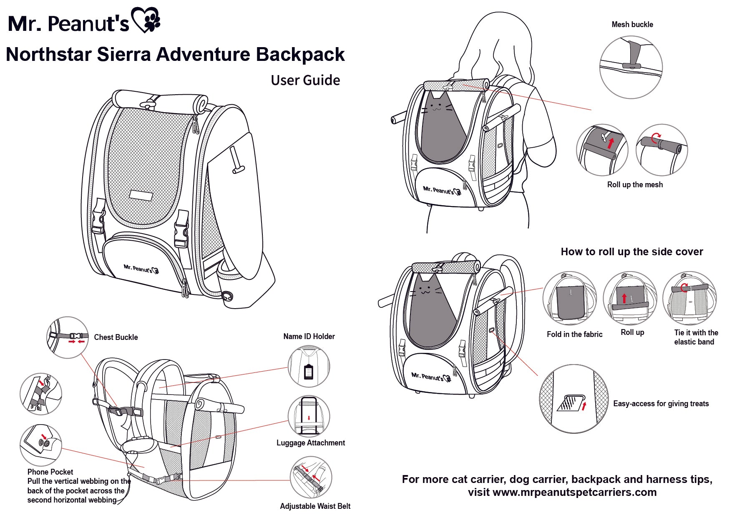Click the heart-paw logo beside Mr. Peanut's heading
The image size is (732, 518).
(x=146, y=20)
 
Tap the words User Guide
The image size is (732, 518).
(x=305, y=80)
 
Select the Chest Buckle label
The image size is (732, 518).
(x=116, y=337)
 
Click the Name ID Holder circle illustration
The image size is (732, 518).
(x=309, y=367)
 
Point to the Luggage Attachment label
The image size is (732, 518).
(x=310, y=443)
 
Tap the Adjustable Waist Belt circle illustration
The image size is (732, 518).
(x=311, y=477)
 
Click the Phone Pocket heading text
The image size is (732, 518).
(x=50, y=472)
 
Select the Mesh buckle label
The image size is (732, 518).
(x=632, y=25)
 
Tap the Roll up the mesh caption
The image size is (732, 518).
(x=634, y=185)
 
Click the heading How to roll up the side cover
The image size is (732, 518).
(x=631, y=252)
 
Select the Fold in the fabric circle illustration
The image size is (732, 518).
(x=569, y=298)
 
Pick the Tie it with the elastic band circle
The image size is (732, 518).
(x=689, y=298)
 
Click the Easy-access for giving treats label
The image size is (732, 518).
(x=661, y=404)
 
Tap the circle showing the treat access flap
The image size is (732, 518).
(x=574, y=399)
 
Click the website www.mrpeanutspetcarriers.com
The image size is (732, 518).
(x=574, y=493)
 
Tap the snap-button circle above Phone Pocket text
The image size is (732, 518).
(x=41, y=445)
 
